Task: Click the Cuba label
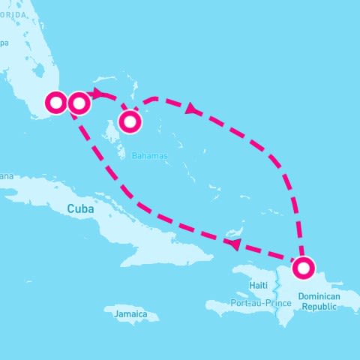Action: (x=81, y=209)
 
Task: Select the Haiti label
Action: (x=258, y=286)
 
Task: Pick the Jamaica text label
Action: (x=130, y=314)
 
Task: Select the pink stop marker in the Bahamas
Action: (x=130, y=121)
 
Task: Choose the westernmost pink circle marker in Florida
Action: (x=57, y=102)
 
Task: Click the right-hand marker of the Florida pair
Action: (x=79, y=102)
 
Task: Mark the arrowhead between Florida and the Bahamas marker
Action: (x=100, y=93)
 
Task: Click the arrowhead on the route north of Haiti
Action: (x=234, y=244)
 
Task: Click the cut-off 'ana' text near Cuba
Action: (x=6, y=176)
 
